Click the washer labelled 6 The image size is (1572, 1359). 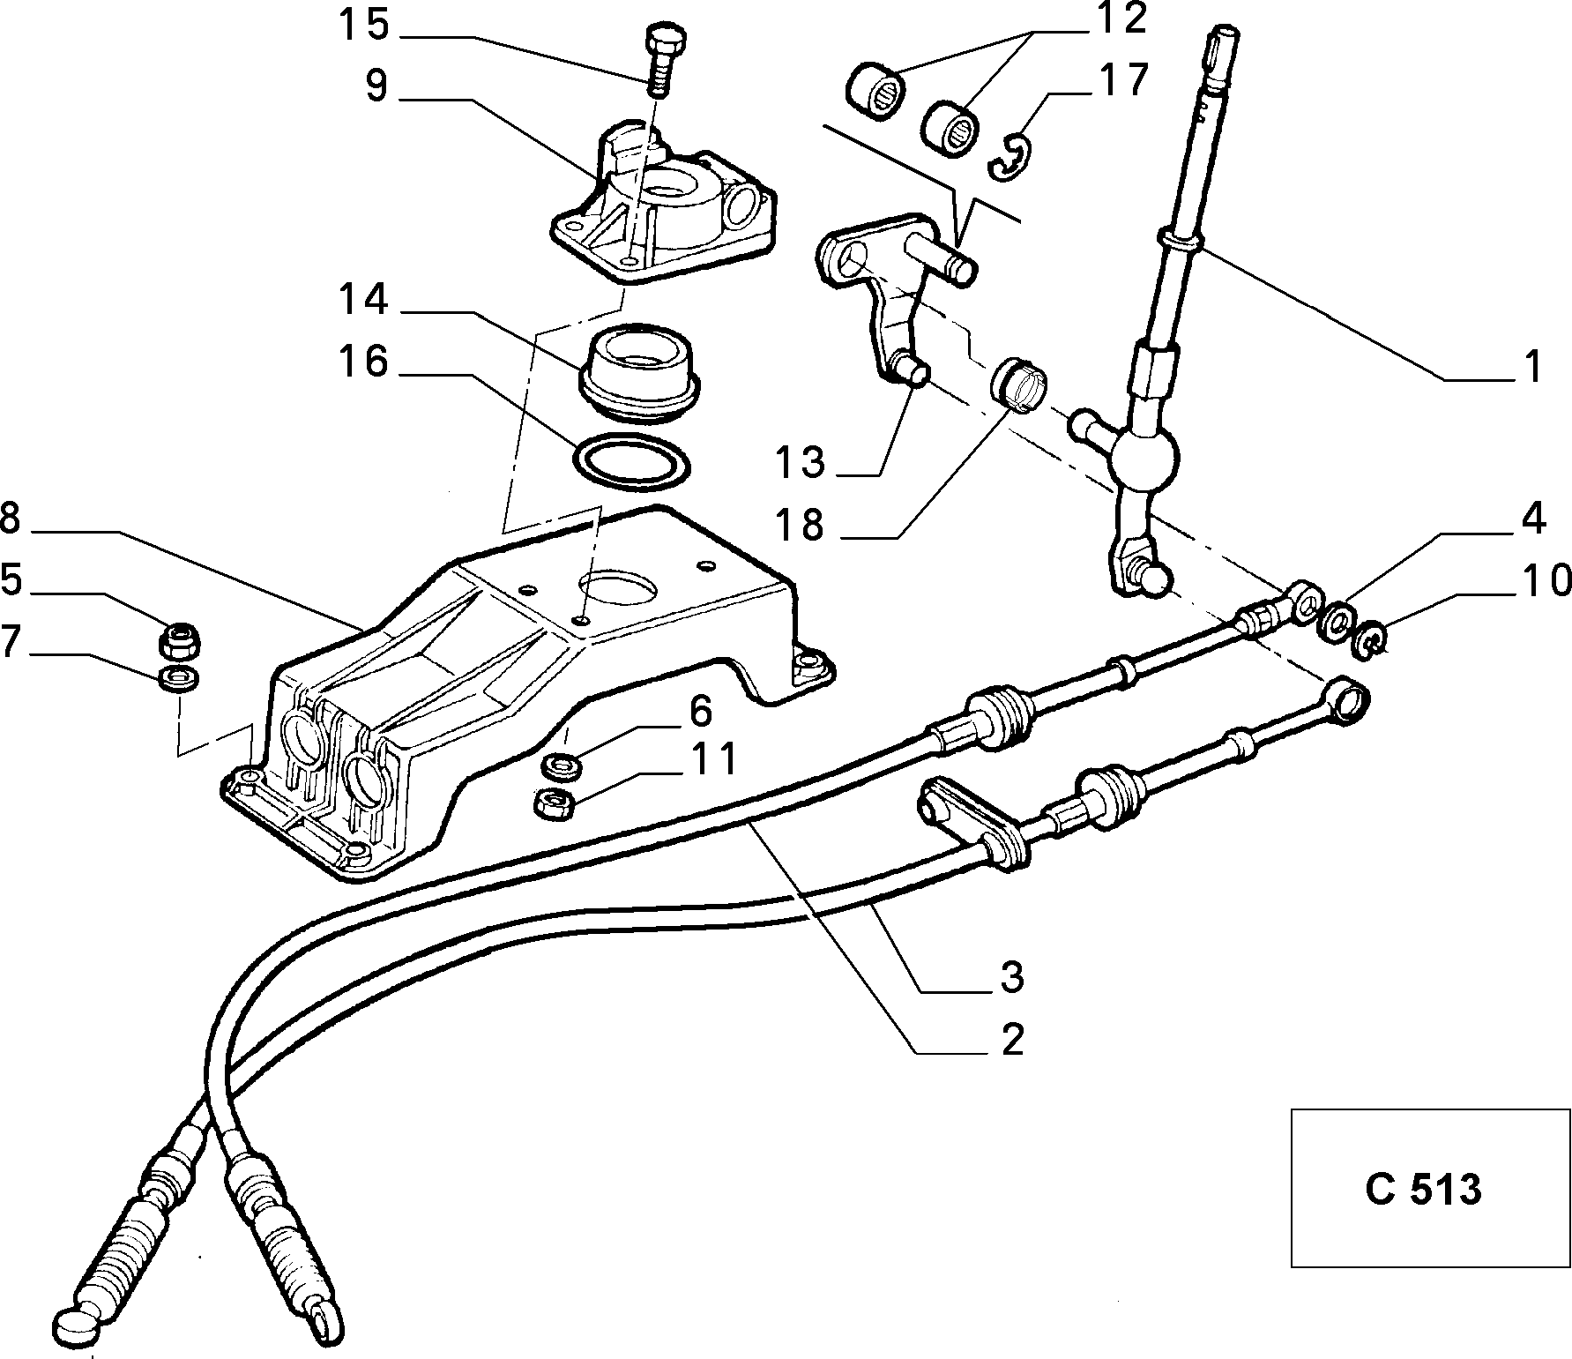pyautogui.click(x=559, y=764)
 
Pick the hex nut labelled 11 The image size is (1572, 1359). pyautogui.click(x=555, y=803)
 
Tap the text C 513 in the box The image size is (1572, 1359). pyautogui.click(x=1423, y=1190)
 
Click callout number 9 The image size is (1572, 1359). pyautogui.click(x=376, y=86)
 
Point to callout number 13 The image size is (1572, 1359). pyautogui.click(x=801, y=462)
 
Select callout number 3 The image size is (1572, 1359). pyautogui.click(x=1011, y=977)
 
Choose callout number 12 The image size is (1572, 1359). pyautogui.click(x=1121, y=19)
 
